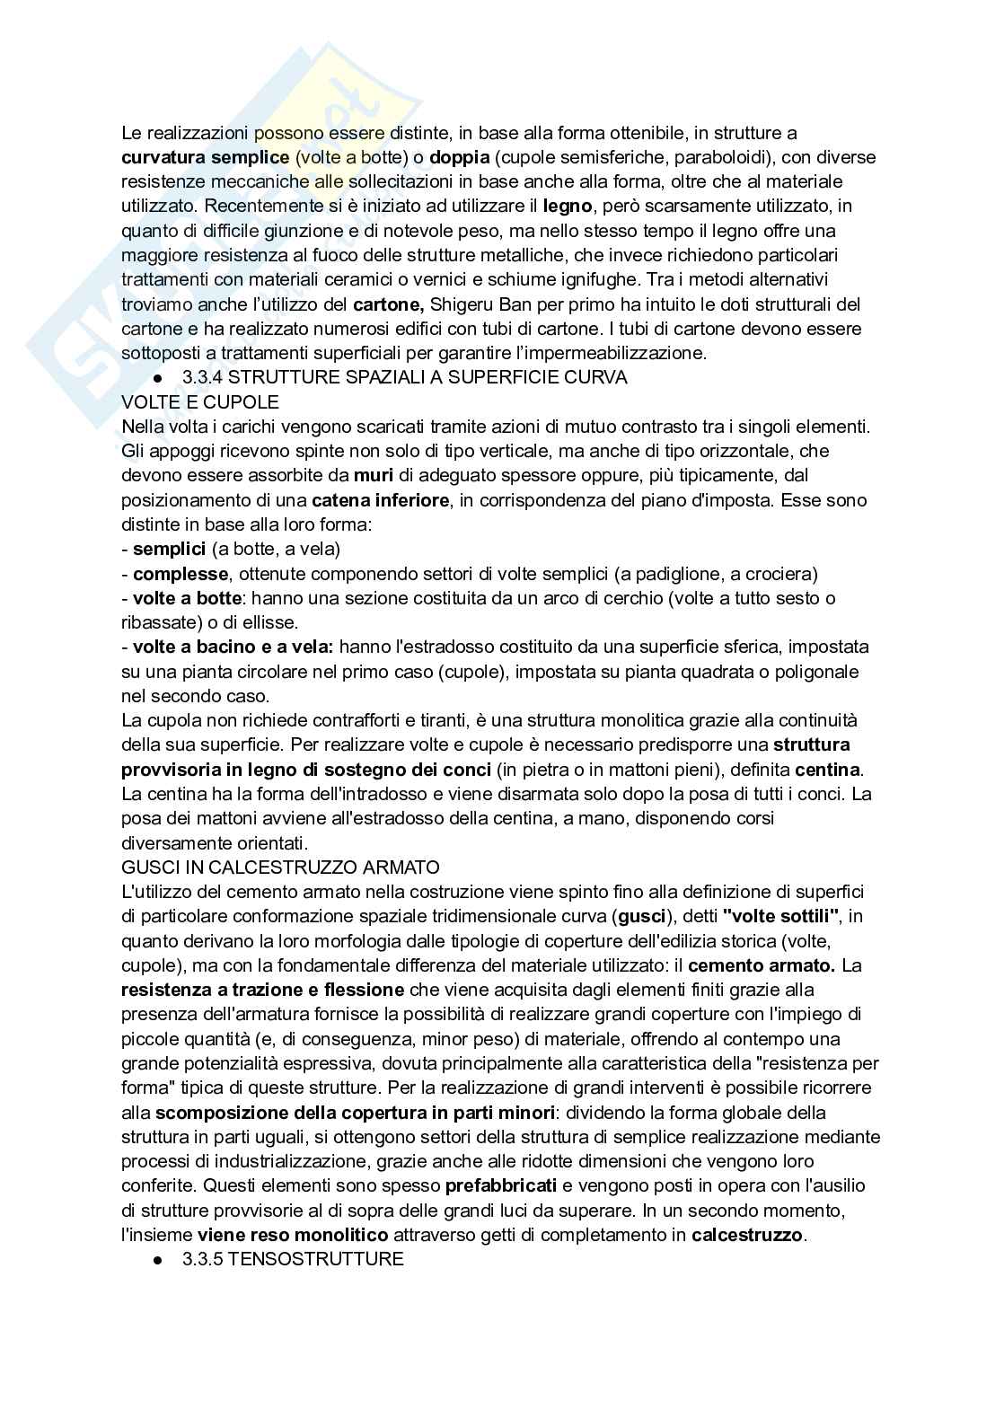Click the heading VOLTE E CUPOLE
[x=200, y=401]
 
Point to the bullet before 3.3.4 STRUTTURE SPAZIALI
[x=157, y=378]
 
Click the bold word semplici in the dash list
[x=169, y=548]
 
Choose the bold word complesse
[x=180, y=573]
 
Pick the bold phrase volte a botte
[x=187, y=597]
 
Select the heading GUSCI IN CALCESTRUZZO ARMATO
[x=280, y=868]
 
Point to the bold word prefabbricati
[x=501, y=1185]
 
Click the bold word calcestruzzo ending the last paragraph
[x=747, y=1235]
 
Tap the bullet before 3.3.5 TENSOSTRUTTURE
[x=157, y=1260]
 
